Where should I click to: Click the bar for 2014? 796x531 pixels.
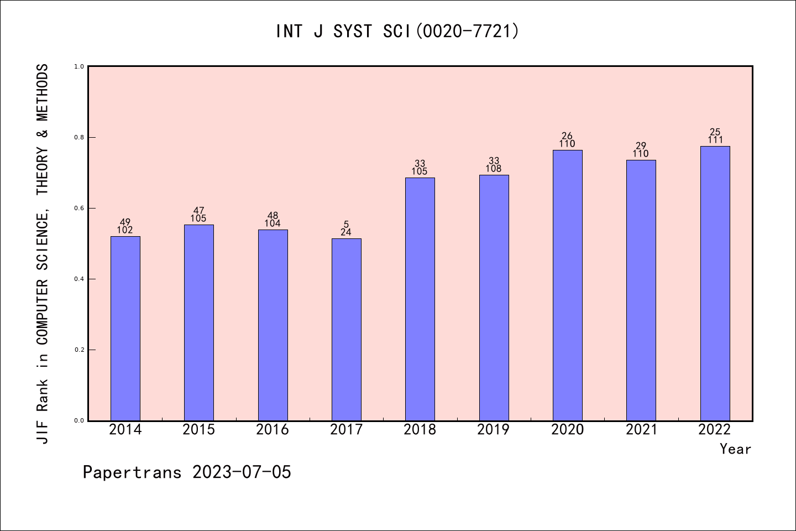(125, 329)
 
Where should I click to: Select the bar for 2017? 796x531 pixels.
(347, 330)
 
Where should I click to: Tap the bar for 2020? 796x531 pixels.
(568, 285)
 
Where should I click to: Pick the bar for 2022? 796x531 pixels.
(715, 283)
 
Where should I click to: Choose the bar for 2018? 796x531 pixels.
(420, 299)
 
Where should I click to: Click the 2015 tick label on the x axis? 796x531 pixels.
(199, 430)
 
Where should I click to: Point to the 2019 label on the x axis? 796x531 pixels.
(494, 430)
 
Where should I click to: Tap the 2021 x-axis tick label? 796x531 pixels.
(641, 430)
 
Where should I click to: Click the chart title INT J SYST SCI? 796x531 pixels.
(397, 32)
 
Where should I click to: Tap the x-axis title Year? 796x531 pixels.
(735, 449)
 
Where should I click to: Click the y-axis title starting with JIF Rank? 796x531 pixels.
(43, 253)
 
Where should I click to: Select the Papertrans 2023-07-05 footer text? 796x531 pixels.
(187, 472)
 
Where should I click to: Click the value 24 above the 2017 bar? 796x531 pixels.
(346, 232)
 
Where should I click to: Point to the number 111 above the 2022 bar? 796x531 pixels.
(715, 140)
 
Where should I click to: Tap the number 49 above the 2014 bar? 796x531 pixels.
(125, 222)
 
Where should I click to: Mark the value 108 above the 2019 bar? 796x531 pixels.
(494, 169)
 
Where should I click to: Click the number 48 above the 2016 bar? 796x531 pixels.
(273, 216)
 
